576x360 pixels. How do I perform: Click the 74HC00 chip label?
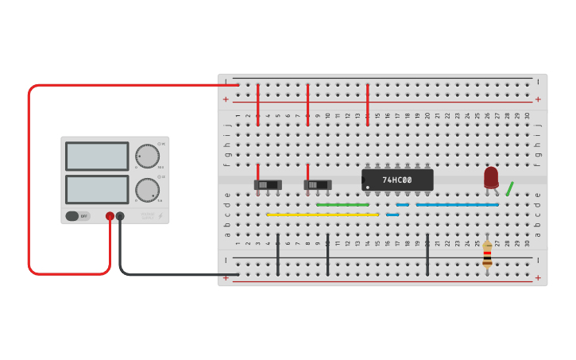pos(397,180)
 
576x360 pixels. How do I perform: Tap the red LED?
pos(491,177)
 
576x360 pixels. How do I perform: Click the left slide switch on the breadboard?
pos(268,185)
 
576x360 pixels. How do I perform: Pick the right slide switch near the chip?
pos(318,185)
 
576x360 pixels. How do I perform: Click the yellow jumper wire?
pos(322,215)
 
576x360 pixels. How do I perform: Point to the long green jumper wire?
pos(348,205)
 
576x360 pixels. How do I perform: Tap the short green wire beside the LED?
pos(509,188)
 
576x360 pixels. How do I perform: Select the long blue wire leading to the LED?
pos(458,205)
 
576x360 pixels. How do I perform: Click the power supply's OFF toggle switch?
pos(77,215)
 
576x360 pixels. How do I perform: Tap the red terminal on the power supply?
pos(110,215)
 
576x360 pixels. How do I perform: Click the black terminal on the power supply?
pos(120,215)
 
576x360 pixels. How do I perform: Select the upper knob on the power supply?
pos(147,155)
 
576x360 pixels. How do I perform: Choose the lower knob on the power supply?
pos(147,189)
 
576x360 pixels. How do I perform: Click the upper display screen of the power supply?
pos(97,156)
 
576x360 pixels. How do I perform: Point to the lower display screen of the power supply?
pos(97,189)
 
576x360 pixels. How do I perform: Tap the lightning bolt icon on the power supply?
pos(160,215)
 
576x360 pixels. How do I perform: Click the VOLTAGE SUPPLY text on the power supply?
pos(148,215)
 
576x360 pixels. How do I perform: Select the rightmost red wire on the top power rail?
pos(367,104)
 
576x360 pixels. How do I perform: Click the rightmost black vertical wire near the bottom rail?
pos(427,254)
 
